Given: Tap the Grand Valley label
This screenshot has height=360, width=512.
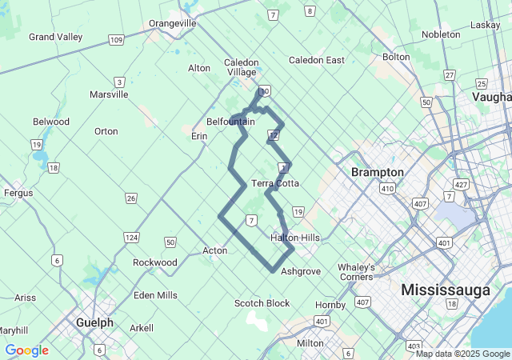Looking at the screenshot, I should point(56,37).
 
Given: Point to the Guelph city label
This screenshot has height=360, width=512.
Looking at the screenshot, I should point(94,322).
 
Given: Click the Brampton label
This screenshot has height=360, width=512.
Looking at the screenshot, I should point(378,172).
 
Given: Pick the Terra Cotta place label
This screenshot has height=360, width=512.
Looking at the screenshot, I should point(275,183).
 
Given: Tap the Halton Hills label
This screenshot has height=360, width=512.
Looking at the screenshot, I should point(295,238).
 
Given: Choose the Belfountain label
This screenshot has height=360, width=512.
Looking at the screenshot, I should point(230,122).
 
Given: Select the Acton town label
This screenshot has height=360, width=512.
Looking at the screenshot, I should point(214,250).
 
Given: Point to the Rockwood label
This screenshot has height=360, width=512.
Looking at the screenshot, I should point(155,262).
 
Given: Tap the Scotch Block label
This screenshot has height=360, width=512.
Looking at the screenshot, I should point(262,303).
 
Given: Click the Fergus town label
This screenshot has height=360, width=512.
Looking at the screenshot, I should point(18,193).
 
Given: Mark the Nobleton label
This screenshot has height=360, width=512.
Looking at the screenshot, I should point(441,34).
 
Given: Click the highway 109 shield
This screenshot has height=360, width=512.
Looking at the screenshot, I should point(116,40).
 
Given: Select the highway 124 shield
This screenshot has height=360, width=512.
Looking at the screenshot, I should point(131,238).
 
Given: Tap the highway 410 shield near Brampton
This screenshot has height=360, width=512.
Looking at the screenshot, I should point(387,189).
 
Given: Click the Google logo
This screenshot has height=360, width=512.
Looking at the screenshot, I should point(26,350).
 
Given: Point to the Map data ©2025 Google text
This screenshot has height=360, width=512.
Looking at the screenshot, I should point(462,354).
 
